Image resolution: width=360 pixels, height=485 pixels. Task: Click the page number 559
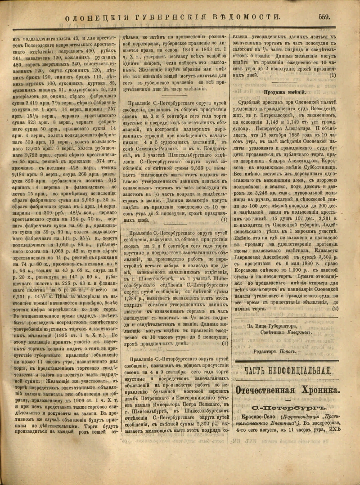tap(324, 17)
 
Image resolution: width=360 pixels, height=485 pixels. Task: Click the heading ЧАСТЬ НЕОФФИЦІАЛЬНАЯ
tap(288, 358)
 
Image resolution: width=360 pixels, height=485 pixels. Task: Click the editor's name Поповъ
tap(288, 339)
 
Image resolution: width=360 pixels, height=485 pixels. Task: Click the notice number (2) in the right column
tap(335, 296)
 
